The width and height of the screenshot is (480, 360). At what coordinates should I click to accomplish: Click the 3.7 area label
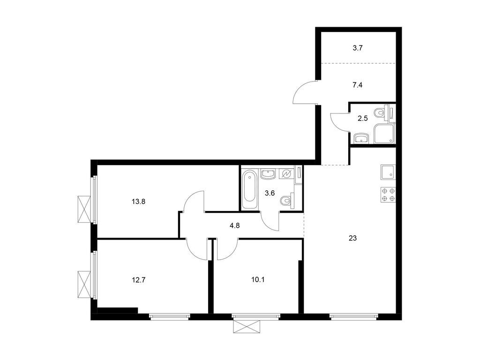(358, 47)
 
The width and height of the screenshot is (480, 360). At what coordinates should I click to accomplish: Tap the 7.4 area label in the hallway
(358, 85)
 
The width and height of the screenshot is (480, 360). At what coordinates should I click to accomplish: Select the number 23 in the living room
(353, 238)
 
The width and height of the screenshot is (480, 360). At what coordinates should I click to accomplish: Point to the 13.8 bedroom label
(138, 202)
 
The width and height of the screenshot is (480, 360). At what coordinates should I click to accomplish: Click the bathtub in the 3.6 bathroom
(249, 189)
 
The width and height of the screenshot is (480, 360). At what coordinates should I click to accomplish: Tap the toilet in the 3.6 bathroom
(285, 201)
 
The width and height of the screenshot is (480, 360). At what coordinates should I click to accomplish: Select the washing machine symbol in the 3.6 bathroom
(285, 174)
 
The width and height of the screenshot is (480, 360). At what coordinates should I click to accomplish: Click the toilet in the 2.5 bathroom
(381, 113)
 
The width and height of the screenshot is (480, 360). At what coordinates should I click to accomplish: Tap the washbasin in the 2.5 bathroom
(361, 137)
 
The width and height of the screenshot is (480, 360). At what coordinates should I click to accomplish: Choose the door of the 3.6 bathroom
(270, 221)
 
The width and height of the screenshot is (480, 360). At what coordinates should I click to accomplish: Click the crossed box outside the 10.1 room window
(246, 327)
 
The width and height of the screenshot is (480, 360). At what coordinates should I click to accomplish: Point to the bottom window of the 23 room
(353, 317)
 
